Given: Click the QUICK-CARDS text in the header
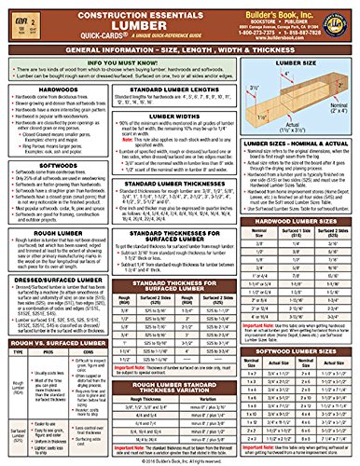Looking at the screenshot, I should [x=78, y=38].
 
